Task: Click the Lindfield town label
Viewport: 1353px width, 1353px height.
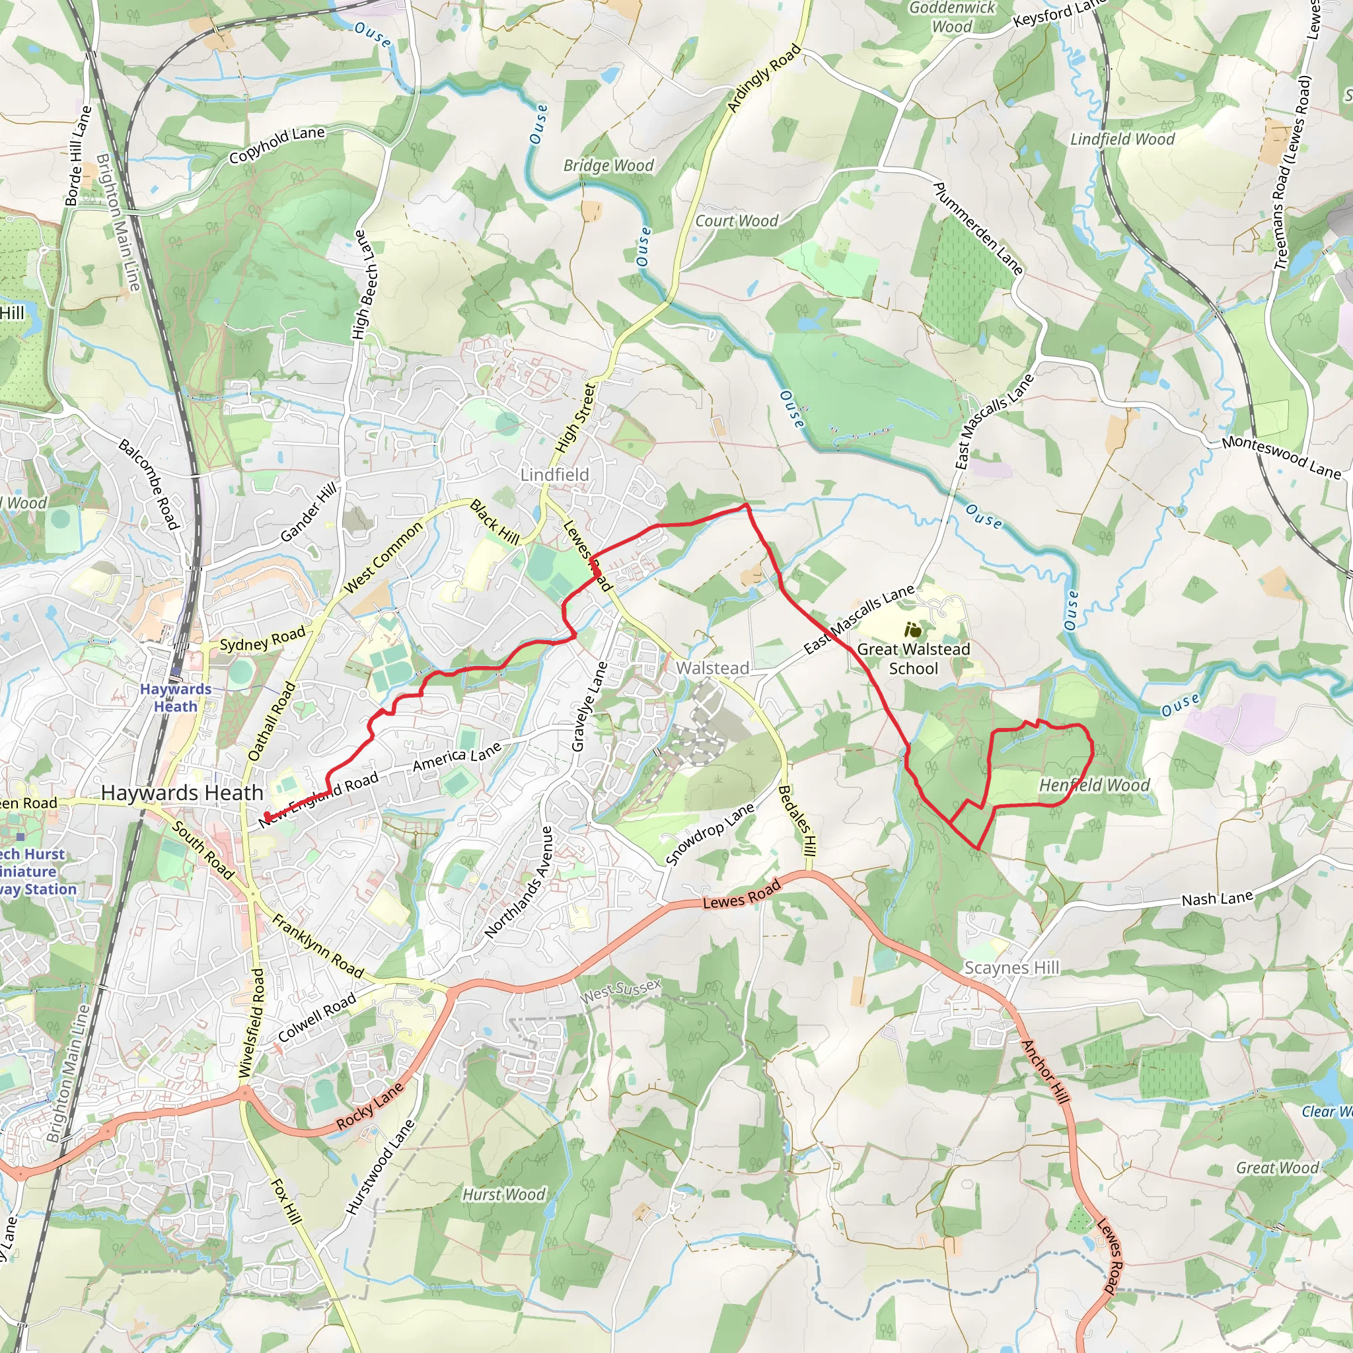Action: pos(555,475)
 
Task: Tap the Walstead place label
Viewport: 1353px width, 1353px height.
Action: pos(712,668)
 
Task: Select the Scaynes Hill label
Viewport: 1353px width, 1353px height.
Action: pos(1011,968)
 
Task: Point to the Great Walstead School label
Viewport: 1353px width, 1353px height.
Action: pos(913,659)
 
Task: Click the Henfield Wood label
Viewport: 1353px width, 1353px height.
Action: pos(1094,785)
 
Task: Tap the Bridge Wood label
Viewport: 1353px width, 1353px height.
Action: pos(608,165)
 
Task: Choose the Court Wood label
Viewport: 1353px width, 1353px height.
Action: pos(736,221)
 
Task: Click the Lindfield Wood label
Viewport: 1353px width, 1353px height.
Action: pos(1122,139)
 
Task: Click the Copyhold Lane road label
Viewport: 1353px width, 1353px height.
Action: pos(277,144)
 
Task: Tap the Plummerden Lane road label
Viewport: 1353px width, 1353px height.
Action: pos(978,229)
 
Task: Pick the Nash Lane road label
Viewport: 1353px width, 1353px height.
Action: pos(1217,899)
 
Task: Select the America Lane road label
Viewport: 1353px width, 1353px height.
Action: pos(457,757)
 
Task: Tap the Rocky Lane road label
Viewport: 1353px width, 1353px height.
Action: pos(370,1107)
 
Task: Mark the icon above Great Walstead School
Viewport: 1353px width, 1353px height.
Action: pos(912,630)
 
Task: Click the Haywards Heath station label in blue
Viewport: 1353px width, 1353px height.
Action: pos(175,698)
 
